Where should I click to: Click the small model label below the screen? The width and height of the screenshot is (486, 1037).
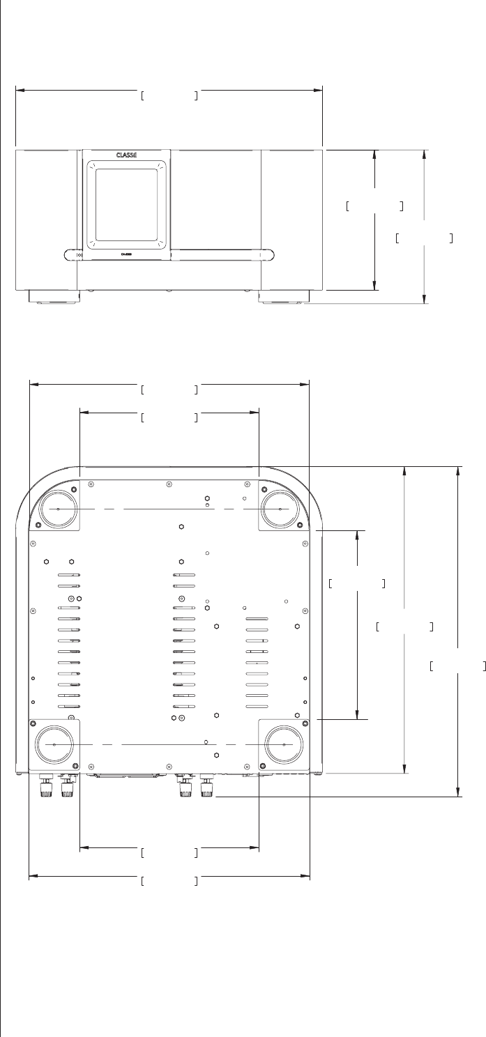pyautogui.click(x=126, y=262)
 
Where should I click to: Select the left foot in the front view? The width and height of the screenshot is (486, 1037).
pyautogui.click(x=54, y=297)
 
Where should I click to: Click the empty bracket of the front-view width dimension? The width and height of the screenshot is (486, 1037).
pyautogui.click(x=169, y=95)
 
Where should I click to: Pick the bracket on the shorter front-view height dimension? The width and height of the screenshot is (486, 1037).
pyautogui.click(x=374, y=206)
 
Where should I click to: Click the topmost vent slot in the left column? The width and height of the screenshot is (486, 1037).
pyautogui.click(x=69, y=576)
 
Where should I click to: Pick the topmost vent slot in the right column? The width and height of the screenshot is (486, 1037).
pyautogui.click(x=257, y=619)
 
